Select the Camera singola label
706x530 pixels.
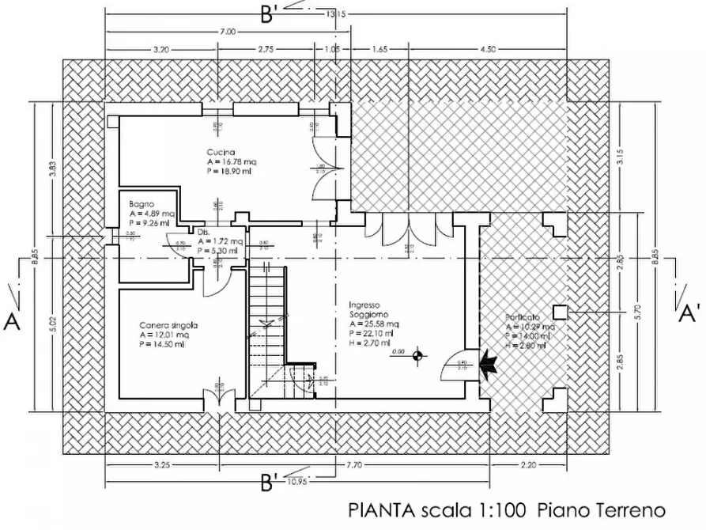[168, 325]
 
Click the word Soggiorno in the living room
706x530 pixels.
[368, 314]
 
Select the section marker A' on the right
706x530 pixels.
[686, 313]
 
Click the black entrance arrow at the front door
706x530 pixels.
[488, 364]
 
